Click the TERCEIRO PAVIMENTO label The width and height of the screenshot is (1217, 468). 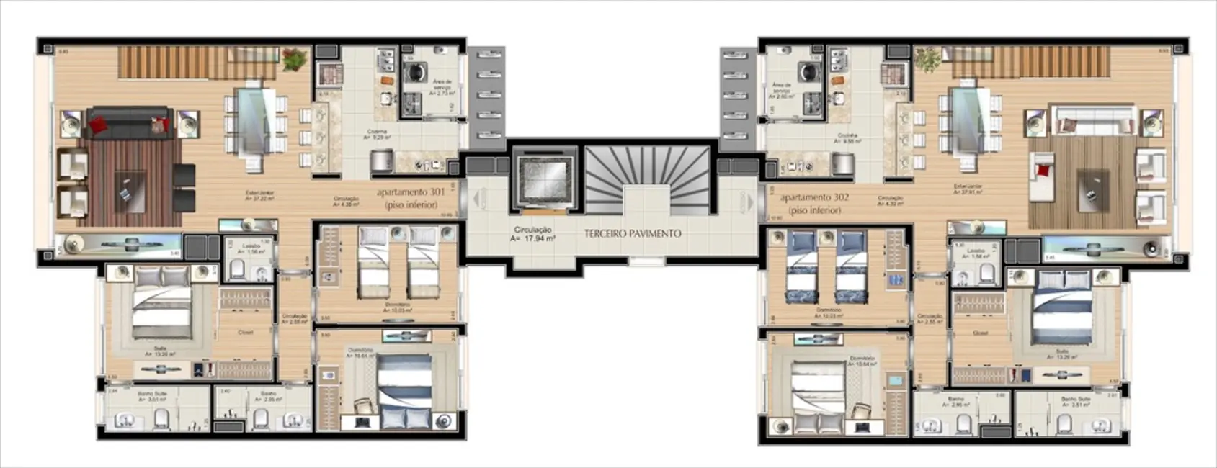[632, 233]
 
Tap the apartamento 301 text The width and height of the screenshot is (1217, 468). [406, 193]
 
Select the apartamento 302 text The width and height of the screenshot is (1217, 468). [814, 197]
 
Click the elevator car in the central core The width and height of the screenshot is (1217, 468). [544, 176]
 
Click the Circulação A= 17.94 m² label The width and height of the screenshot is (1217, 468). [532, 234]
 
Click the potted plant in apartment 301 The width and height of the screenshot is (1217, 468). [294, 59]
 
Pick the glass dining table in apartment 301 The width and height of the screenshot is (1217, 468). [254, 121]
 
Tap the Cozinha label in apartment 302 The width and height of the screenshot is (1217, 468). [847, 136]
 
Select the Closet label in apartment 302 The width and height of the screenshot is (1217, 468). [979, 333]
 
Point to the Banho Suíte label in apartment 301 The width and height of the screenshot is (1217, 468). [153, 394]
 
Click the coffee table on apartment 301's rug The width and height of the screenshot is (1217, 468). [130, 190]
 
